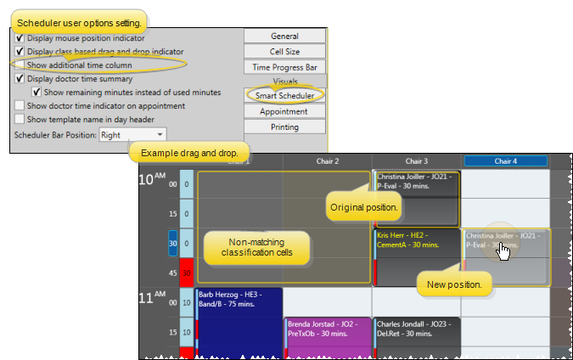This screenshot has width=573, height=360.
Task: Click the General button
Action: pyautogui.click(x=284, y=37)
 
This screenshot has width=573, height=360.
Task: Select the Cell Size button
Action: pyautogui.click(x=284, y=52)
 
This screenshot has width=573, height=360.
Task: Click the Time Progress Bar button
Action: pyautogui.click(x=284, y=67)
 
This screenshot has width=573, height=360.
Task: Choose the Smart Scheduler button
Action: pyautogui.click(x=284, y=96)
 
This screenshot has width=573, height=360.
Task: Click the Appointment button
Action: pyautogui.click(x=284, y=111)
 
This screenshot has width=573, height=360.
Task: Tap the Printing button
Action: pyautogui.click(x=284, y=127)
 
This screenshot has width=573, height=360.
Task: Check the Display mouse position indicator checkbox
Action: pyautogui.click(x=20, y=38)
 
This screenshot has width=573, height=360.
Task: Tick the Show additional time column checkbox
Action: pyautogui.click(x=20, y=65)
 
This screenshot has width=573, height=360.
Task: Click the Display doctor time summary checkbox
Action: pyautogui.click(x=20, y=78)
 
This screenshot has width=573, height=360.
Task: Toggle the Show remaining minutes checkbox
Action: pyautogui.click(x=37, y=92)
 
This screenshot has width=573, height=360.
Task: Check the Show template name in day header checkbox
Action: pyautogui.click(x=20, y=120)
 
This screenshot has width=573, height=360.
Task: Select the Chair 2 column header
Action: pyautogui.click(x=326, y=161)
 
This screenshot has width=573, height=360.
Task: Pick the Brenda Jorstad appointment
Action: pyautogui.click(x=327, y=335)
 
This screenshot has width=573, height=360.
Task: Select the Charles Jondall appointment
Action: pyautogui.click(x=416, y=335)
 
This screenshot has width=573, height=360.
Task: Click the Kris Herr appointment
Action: pyautogui.click(x=416, y=255)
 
